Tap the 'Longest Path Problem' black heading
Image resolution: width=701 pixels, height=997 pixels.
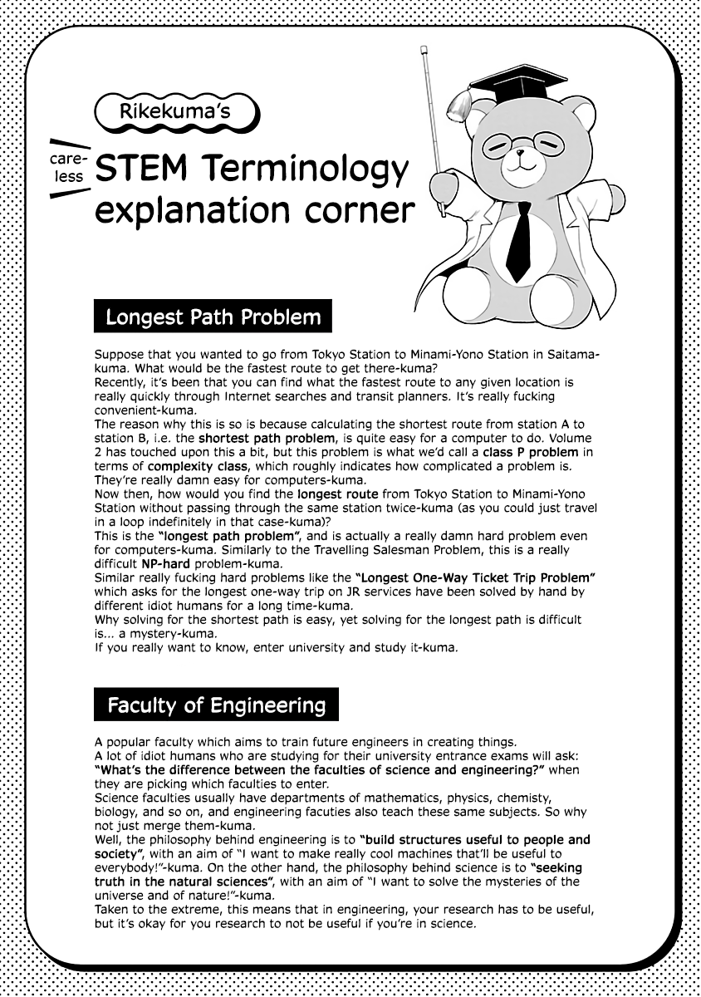coord(213,317)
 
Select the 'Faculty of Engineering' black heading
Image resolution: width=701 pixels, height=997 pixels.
coord(216,705)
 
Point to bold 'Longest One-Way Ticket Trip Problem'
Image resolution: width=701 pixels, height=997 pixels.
coord(476,577)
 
